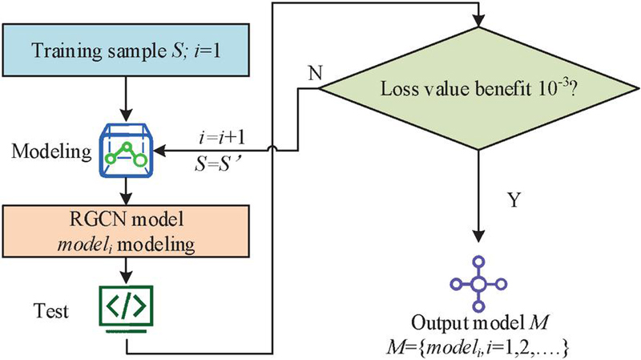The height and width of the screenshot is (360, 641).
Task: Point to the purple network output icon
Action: [x=479, y=284]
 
